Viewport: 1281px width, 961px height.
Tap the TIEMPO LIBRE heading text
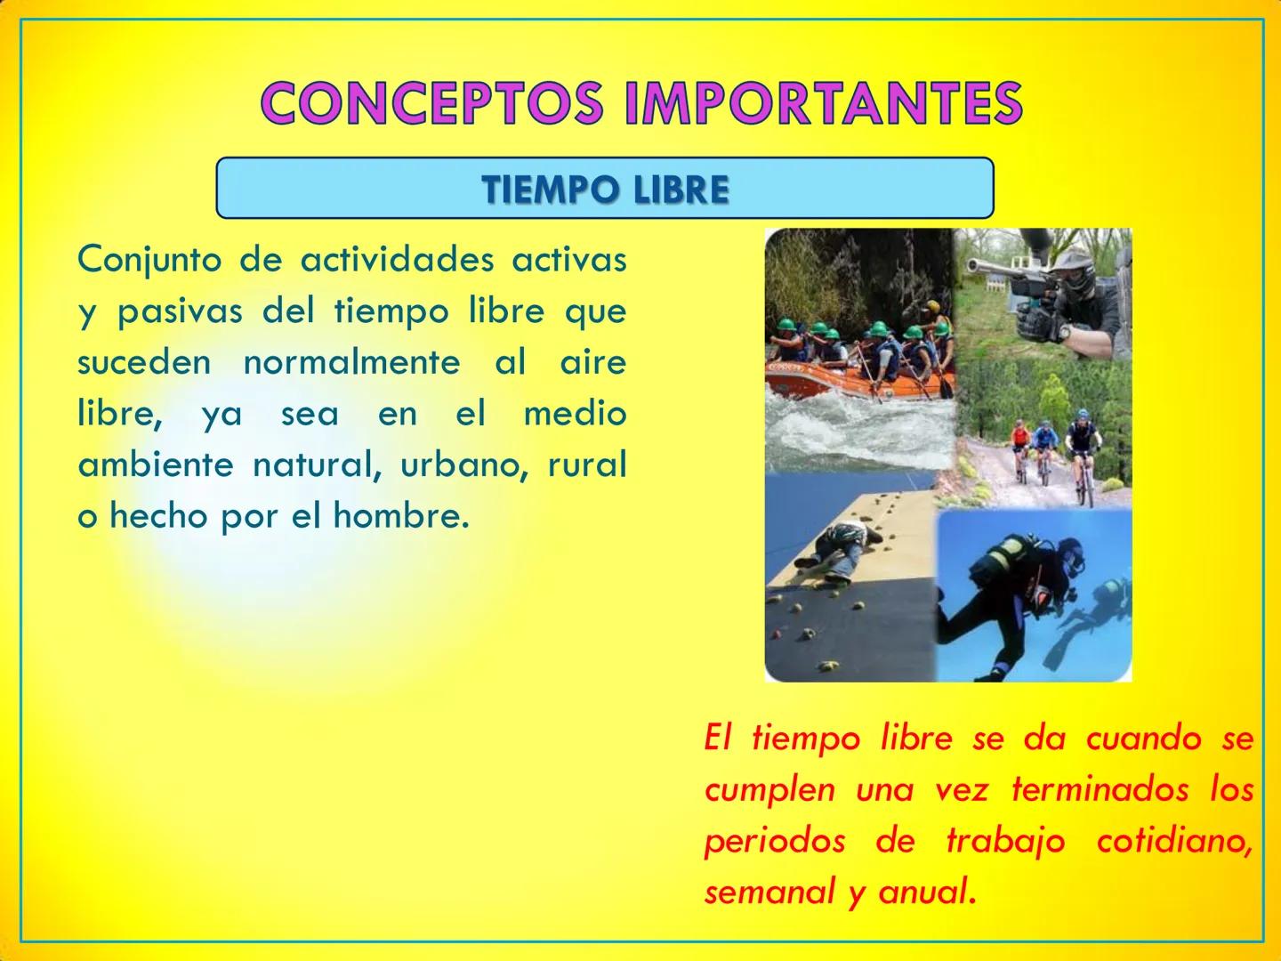pos(605,190)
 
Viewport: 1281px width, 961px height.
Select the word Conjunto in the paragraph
pos(148,261)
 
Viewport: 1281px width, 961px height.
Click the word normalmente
pos(350,363)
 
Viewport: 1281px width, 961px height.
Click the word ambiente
pos(156,465)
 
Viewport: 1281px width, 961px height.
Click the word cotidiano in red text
pos(1174,842)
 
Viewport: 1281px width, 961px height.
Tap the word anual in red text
pos(925,892)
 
